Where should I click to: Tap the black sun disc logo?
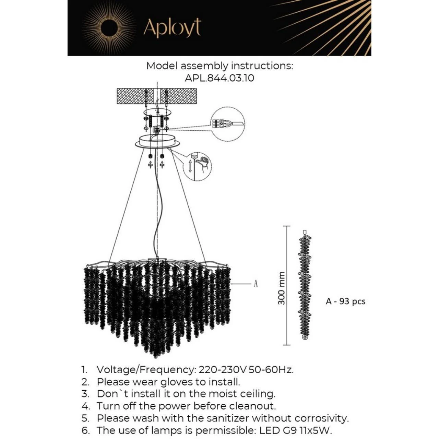[109, 27]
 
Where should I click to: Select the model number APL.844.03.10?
[219, 78]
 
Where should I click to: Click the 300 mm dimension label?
[282, 288]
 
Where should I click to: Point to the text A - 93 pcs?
[345, 301]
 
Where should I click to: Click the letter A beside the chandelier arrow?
[256, 284]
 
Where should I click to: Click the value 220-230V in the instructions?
[223, 370]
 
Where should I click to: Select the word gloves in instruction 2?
[176, 382]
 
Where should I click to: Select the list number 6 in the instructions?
[85, 430]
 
